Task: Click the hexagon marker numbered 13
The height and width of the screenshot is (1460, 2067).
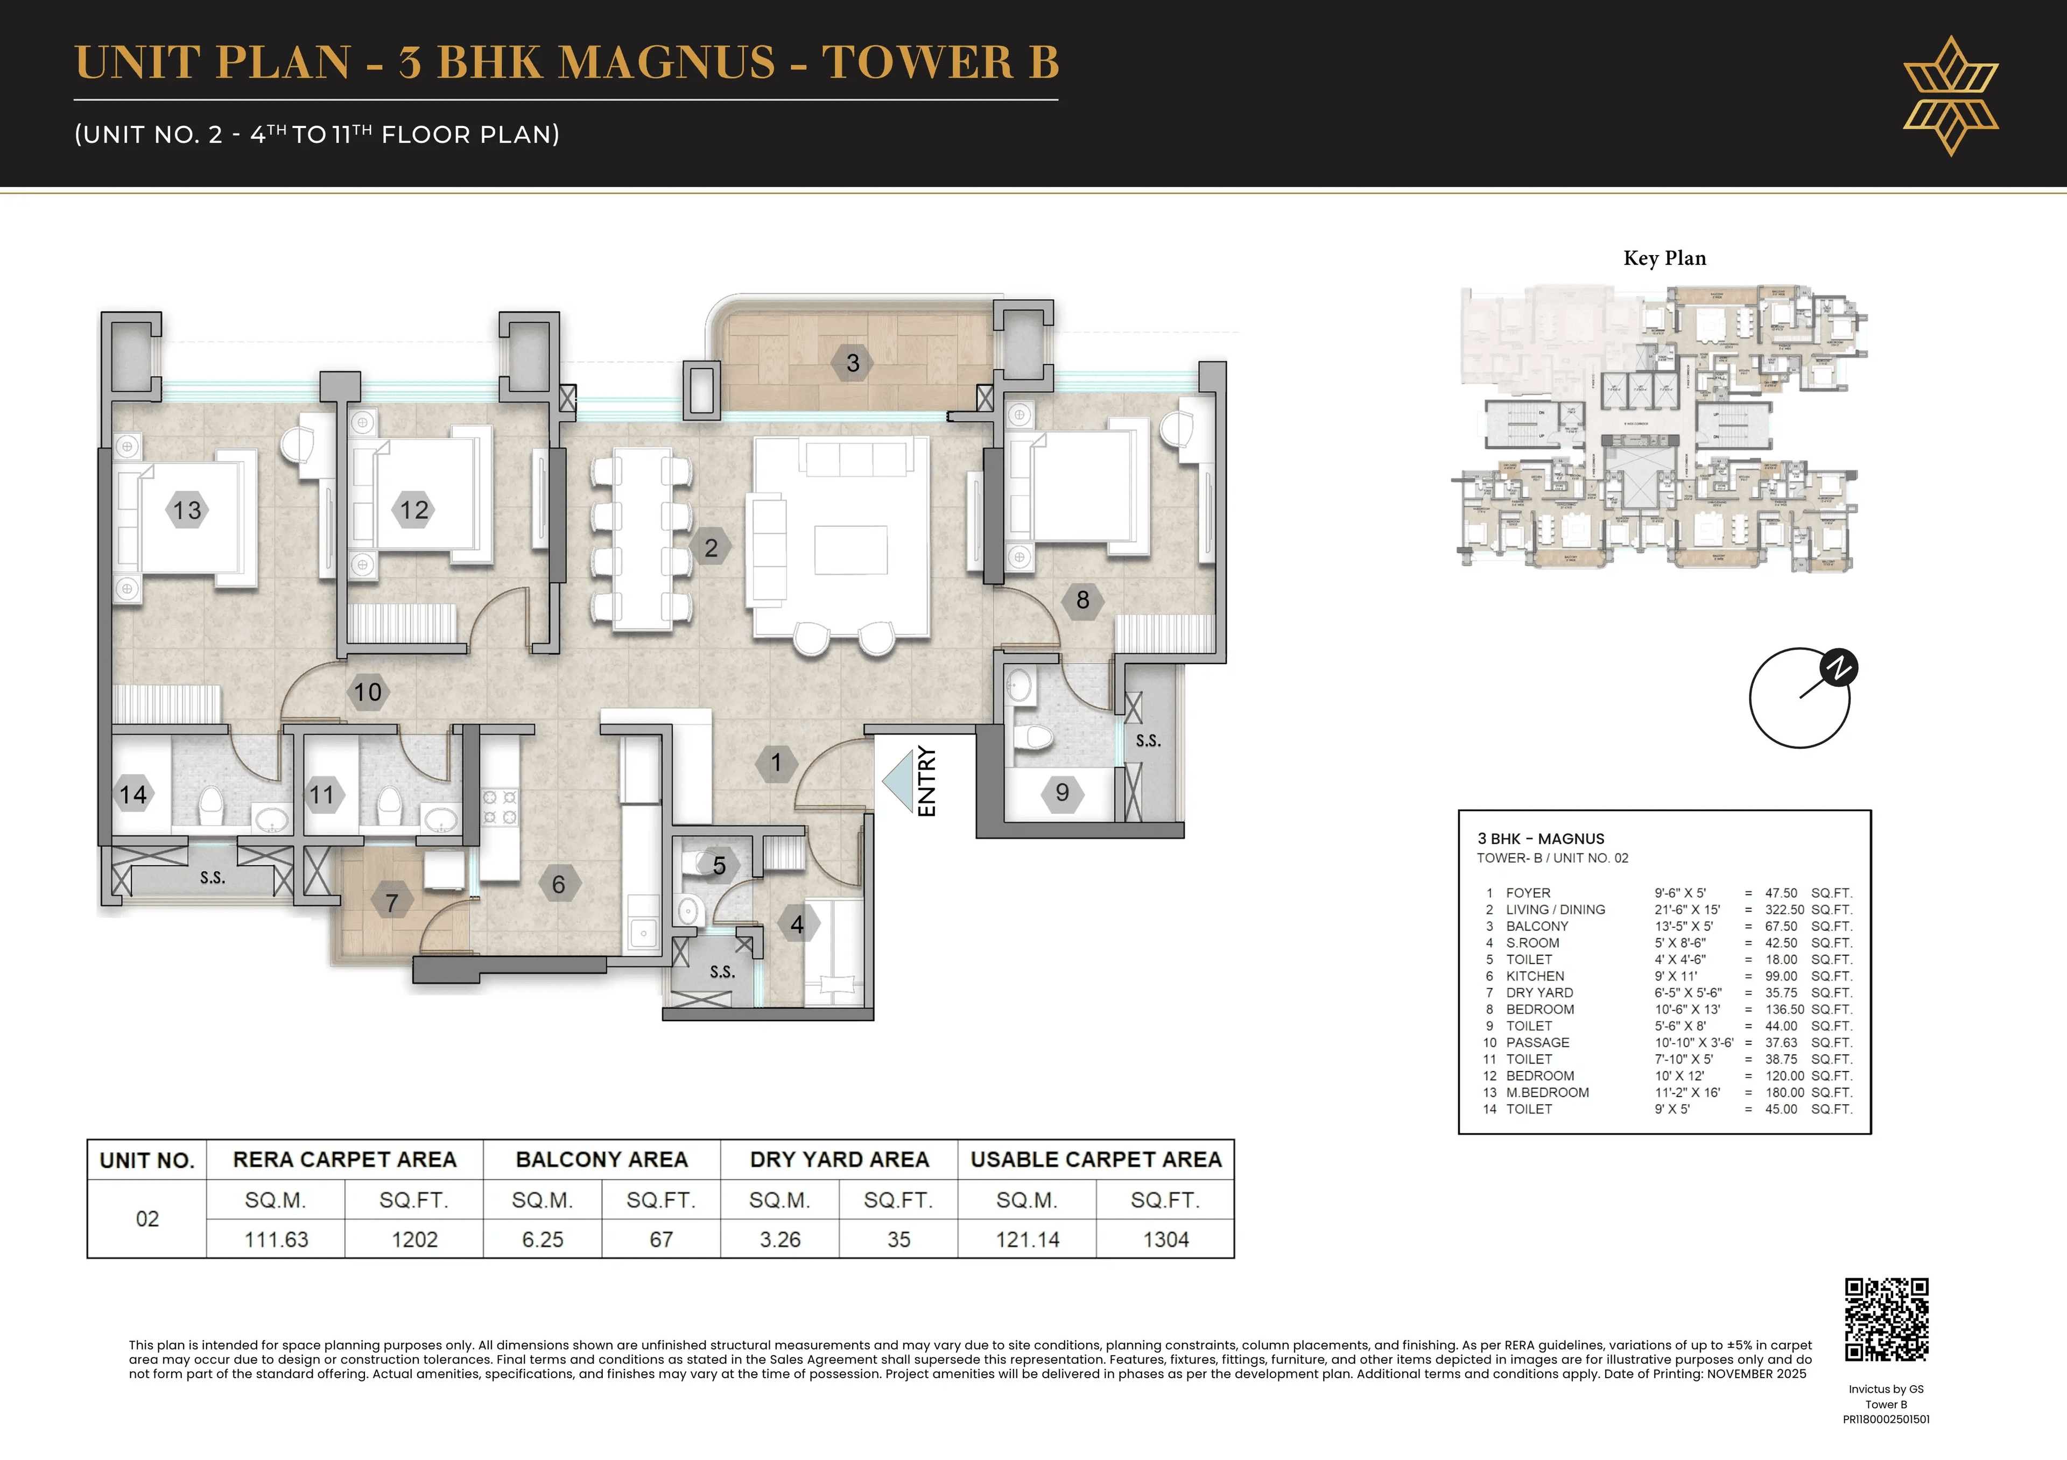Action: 187,510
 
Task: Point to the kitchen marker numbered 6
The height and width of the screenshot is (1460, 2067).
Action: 558,884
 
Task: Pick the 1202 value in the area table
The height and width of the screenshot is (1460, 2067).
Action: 414,1239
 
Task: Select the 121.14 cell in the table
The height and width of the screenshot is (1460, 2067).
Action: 1027,1239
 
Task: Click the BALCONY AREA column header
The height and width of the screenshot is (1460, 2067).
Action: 601,1159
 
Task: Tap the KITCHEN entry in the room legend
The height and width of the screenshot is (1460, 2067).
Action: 1535,976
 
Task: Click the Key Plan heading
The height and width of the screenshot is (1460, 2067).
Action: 1664,258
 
